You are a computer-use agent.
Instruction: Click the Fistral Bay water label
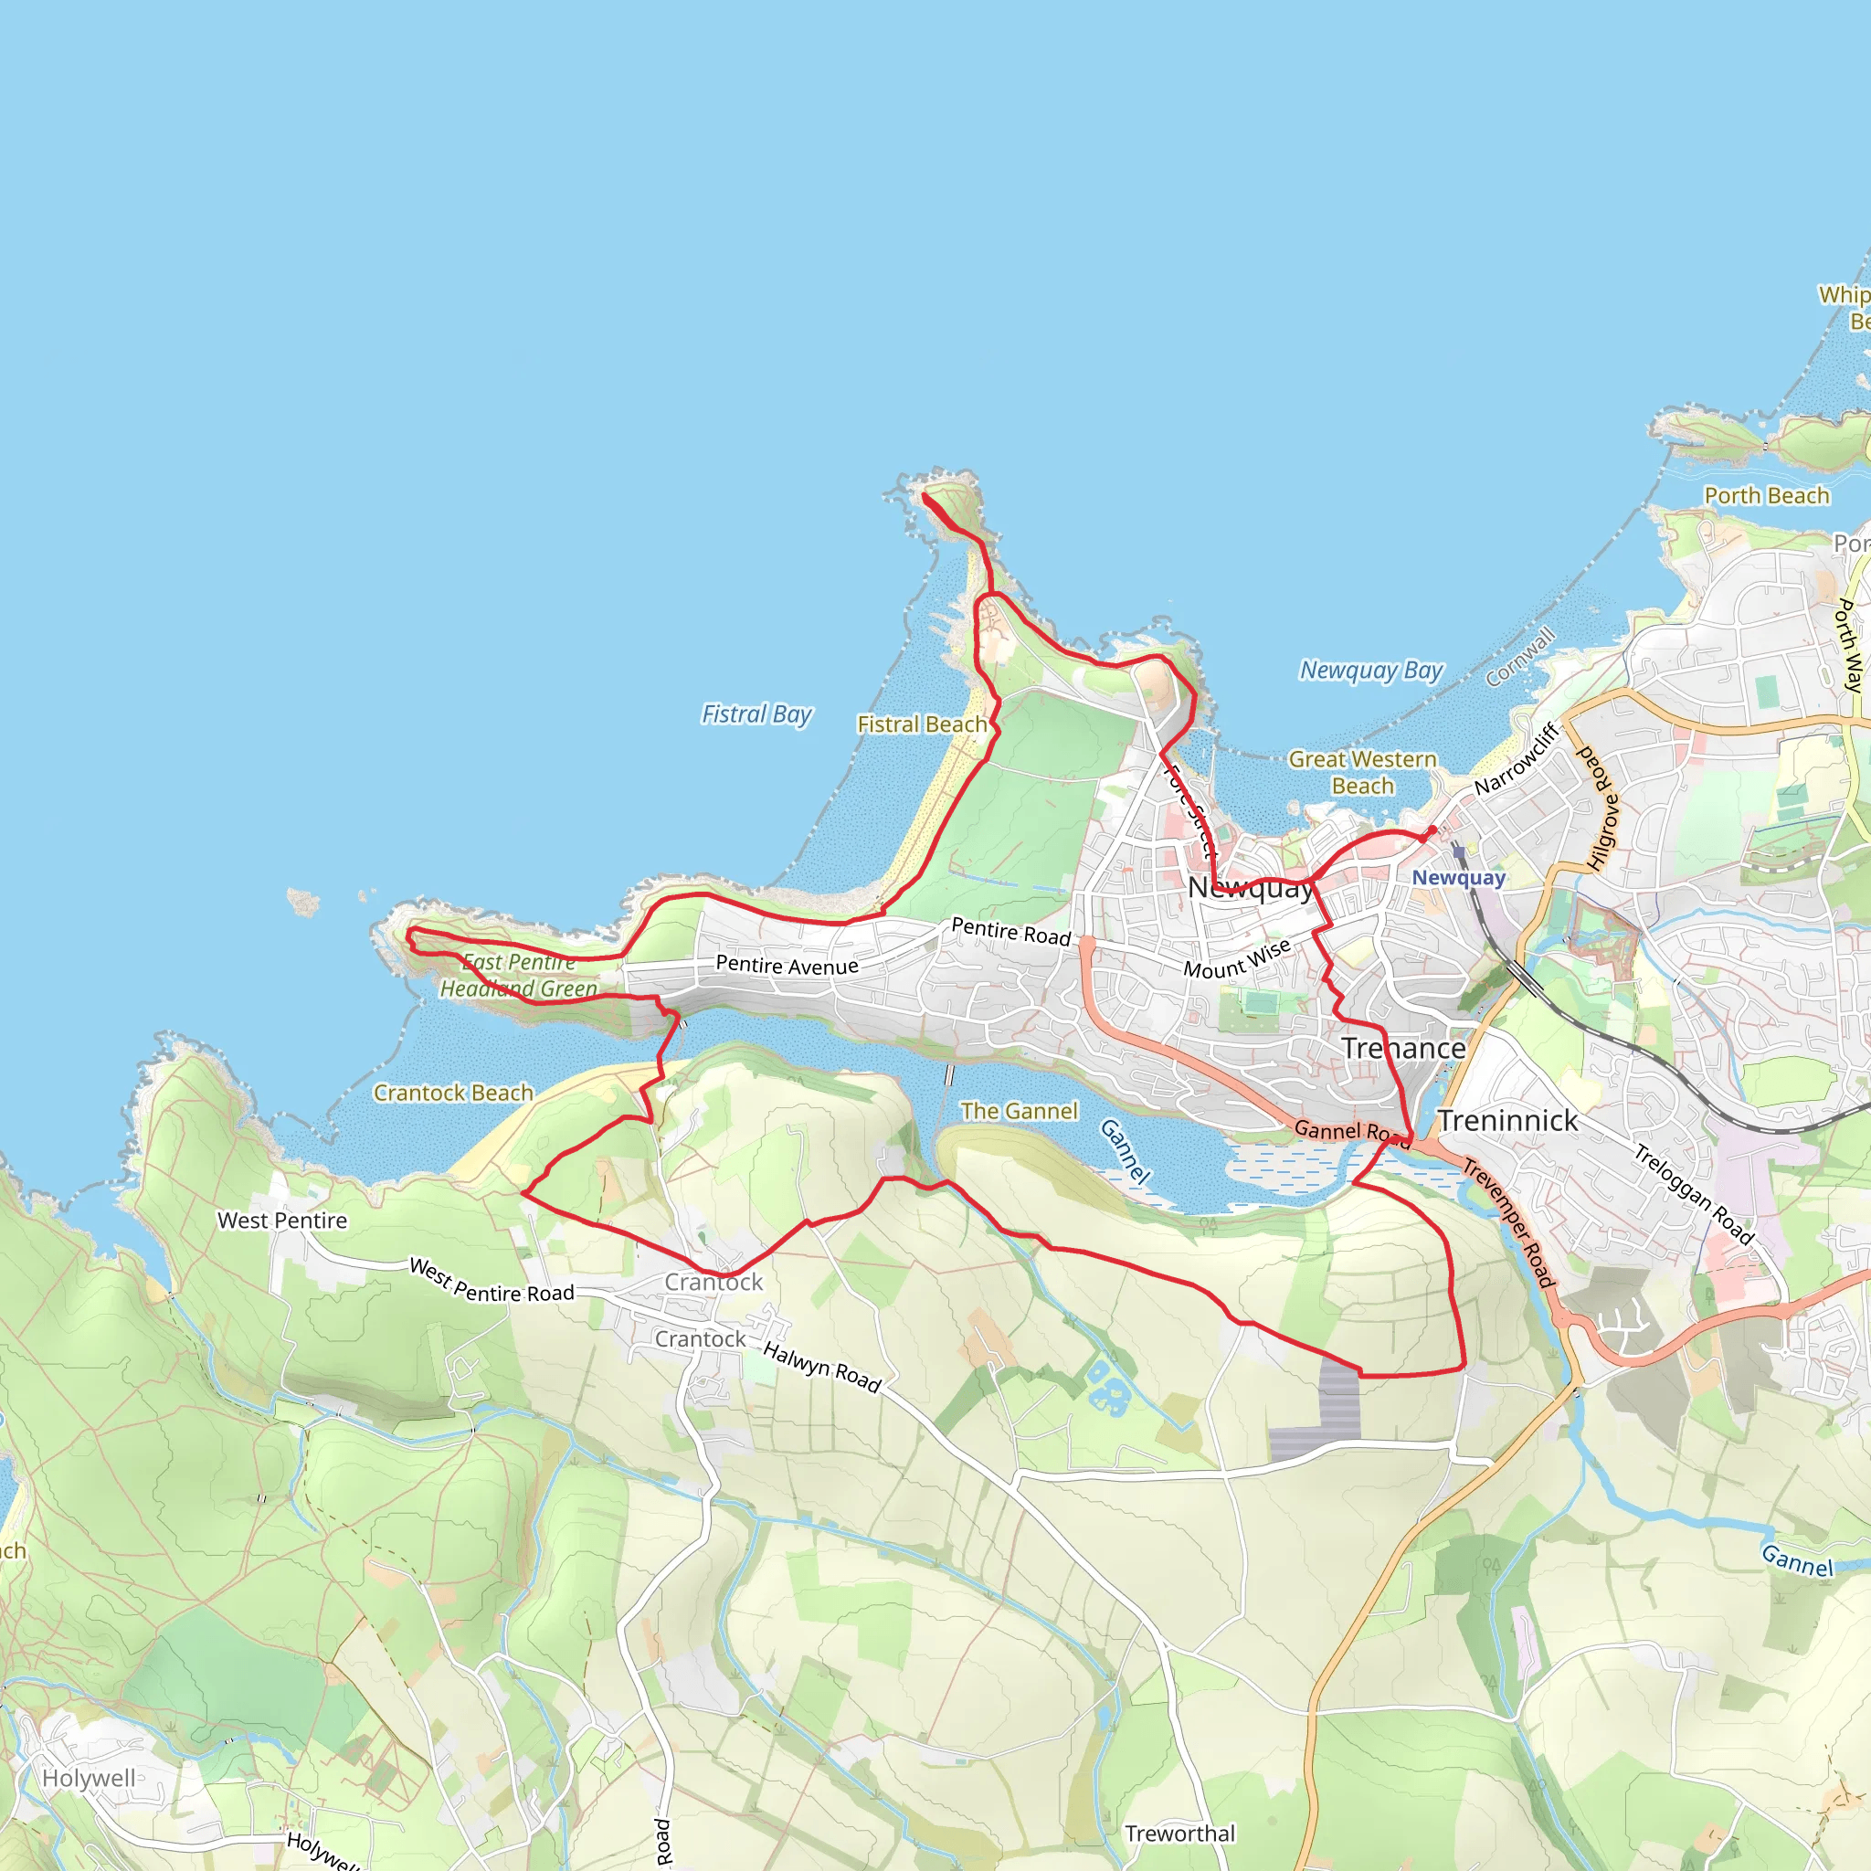756,714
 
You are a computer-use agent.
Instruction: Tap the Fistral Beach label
922,724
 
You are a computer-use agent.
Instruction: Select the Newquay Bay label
1370,671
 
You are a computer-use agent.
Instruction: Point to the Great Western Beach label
1361,773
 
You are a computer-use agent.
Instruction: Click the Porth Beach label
1767,496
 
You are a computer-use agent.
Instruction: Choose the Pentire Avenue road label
787,966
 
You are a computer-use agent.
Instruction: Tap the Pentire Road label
1010,931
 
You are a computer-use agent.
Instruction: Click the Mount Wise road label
1237,957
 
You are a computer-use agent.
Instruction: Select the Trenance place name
1403,1049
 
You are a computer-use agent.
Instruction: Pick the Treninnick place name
1506,1122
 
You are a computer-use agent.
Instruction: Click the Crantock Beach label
453,1094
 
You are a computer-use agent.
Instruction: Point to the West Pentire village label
281,1221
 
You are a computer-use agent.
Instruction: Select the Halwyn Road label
821,1367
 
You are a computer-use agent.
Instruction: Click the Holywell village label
90,1779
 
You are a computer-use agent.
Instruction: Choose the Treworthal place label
1179,1834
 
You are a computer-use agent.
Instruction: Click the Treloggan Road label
1695,1194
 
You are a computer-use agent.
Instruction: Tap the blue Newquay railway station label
1457,878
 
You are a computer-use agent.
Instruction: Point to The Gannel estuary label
1019,1112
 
